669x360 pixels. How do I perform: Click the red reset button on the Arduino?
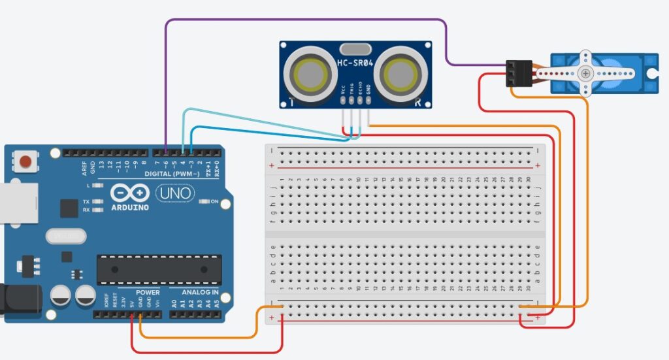pos(26,161)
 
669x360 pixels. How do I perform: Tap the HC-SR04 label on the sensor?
pos(357,63)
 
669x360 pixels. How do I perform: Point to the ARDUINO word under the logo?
pos(129,207)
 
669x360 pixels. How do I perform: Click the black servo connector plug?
pos(518,73)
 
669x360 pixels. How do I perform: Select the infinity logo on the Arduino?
pos(129,193)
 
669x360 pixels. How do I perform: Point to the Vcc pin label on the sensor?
pos(343,90)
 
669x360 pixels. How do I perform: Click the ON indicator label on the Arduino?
pos(214,201)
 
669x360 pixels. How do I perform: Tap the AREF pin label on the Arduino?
pos(84,168)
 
